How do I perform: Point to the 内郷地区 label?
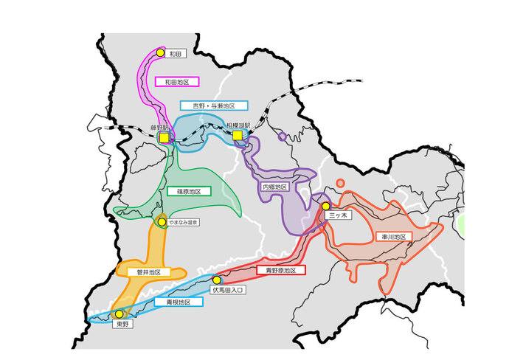click(274, 187)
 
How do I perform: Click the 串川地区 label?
click(393, 237)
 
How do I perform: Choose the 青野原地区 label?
click(282, 271)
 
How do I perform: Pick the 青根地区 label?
click(179, 302)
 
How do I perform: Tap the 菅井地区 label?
click(148, 271)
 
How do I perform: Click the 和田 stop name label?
click(175, 54)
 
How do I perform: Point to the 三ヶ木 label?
click(336, 215)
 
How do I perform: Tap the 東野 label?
click(122, 324)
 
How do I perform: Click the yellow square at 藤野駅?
click(163, 136)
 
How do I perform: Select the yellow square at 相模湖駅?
click(237, 136)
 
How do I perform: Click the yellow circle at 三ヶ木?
click(325, 206)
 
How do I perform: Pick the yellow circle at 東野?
click(119, 314)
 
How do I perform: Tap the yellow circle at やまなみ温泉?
click(162, 221)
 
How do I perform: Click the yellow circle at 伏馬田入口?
click(216, 280)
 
